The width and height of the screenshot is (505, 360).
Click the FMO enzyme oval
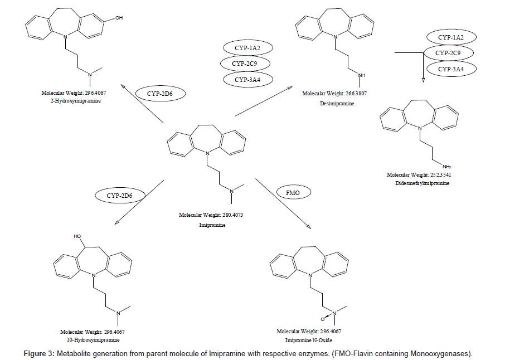293,193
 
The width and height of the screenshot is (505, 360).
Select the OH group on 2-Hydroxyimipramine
119,18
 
